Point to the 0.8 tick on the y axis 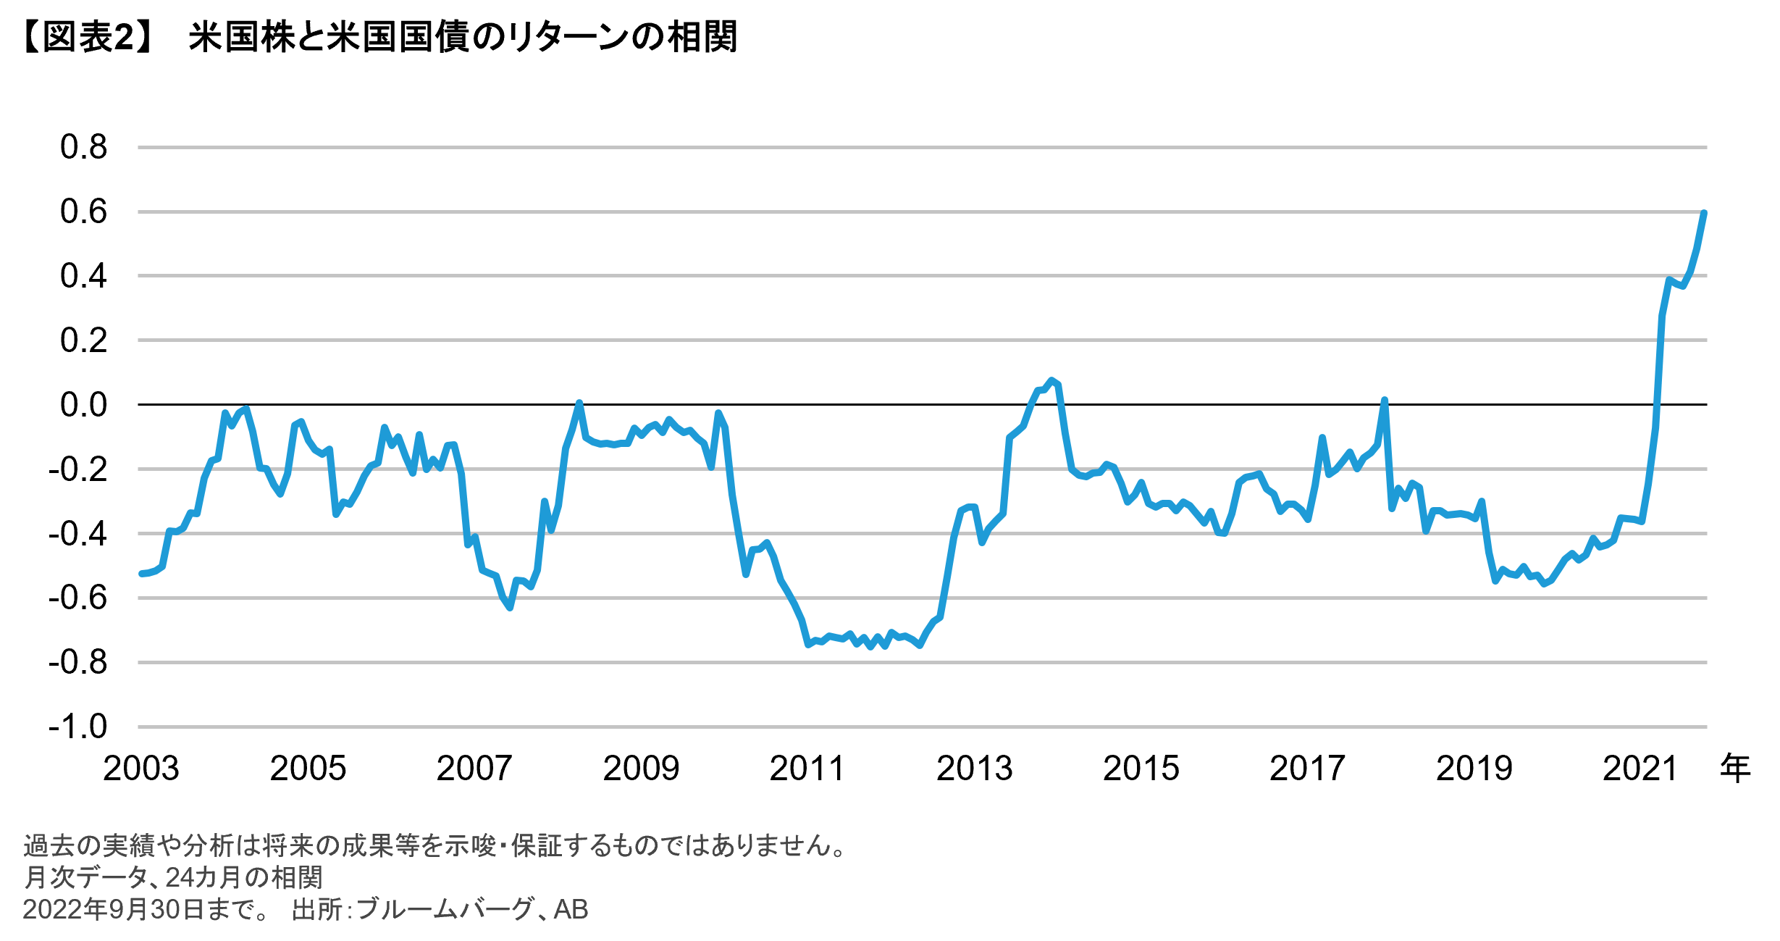(x=83, y=147)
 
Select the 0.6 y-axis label (x=83, y=212)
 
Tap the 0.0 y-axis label (x=83, y=405)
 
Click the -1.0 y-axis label (x=77, y=727)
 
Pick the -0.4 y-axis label (x=77, y=534)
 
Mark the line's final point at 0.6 (x=1704, y=213)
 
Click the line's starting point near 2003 (x=141, y=574)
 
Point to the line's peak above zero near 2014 (x=1051, y=380)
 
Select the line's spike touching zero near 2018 (x=1384, y=400)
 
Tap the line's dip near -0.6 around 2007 (x=511, y=607)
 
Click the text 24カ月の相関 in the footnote (x=244, y=877)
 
